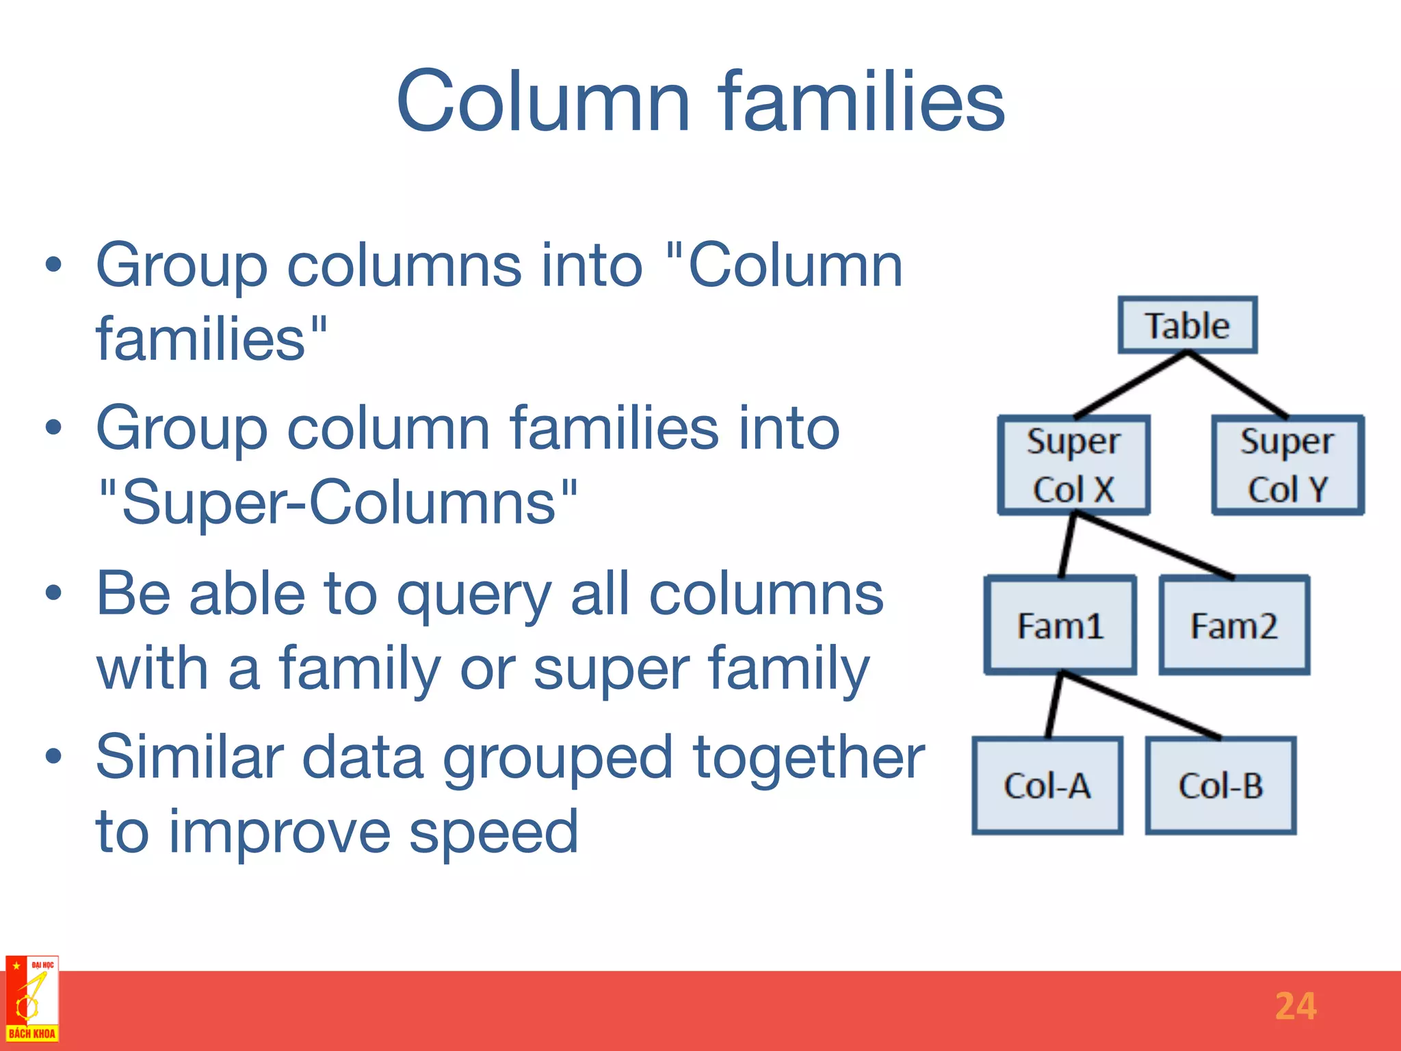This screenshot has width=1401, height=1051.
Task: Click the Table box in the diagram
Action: (1188, 325)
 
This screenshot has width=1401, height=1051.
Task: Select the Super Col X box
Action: (1073, 465)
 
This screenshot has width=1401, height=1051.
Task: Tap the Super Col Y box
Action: (1287, 465)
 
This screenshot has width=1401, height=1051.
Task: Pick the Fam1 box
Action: (1060, 625)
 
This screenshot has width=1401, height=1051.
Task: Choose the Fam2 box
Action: (1234, 625)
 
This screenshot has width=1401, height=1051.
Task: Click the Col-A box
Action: (1047, 786)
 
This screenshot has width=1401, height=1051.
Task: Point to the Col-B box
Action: (1220, 786)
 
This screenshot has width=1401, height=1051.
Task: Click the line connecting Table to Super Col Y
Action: (1238, 385)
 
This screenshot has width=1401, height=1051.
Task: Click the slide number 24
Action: (1295, 1007)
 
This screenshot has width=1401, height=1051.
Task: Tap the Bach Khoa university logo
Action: (31, 999)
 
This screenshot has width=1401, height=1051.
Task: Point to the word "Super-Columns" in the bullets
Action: (338, 502)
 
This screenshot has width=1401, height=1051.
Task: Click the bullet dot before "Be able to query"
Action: (53, 593)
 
